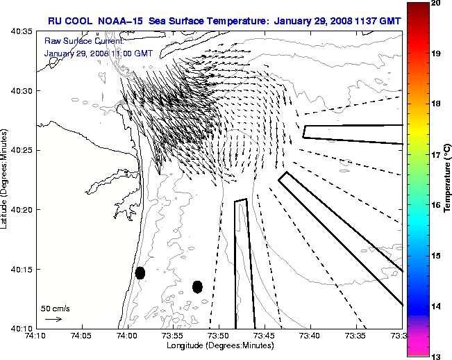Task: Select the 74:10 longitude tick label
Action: (x=36, y=336)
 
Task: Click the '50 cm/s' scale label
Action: (x=55, y=308)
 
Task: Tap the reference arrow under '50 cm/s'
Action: (x=53, y=319)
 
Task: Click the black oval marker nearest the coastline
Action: (x=140, y=272)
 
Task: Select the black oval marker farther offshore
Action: (x=197, y=286)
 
